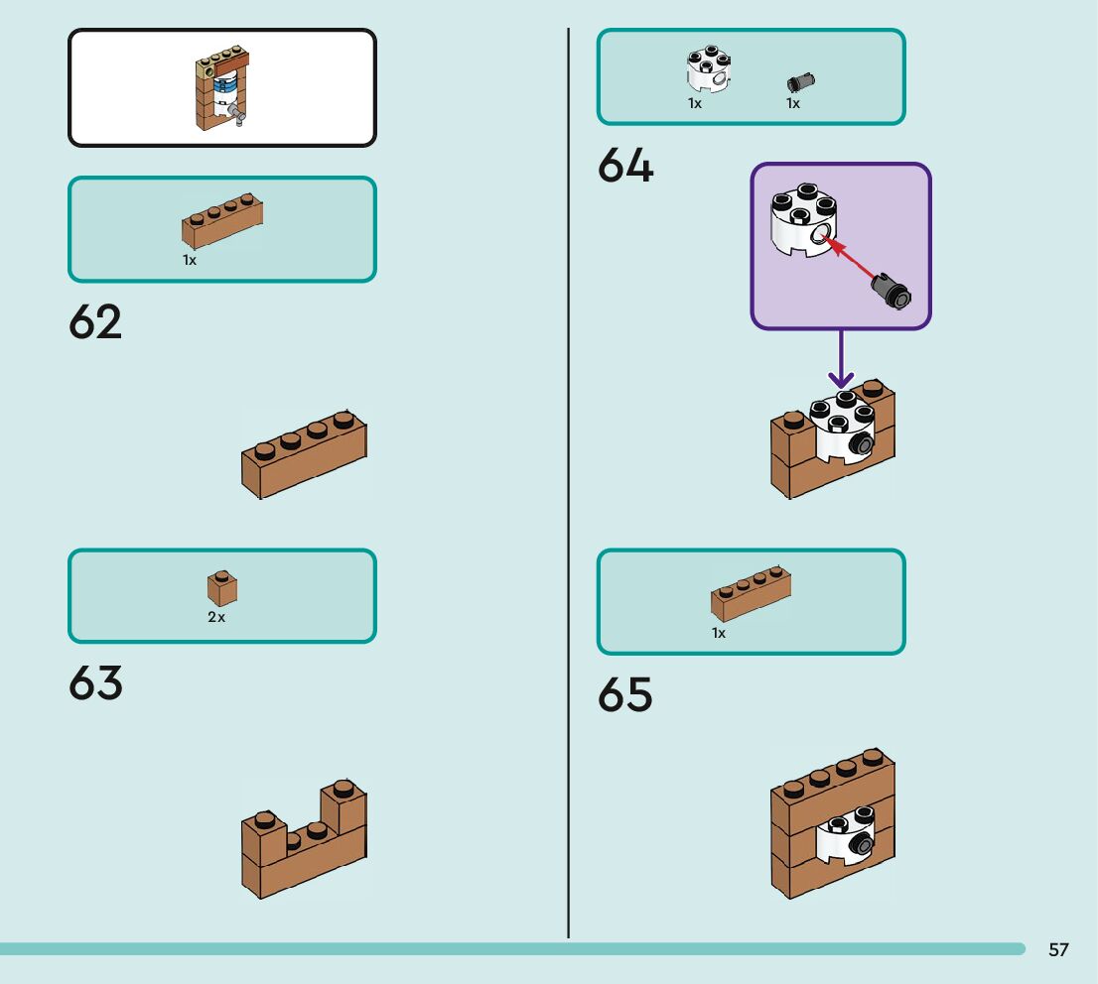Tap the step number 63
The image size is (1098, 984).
(95, 683)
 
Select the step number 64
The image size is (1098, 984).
(625, 166)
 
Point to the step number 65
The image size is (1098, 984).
(625, 695)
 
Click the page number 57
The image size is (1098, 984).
(1058, 950)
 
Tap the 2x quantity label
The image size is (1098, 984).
(216, 617)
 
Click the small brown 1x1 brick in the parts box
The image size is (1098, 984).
(221, 588)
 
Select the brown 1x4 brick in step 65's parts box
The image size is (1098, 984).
(751, 592)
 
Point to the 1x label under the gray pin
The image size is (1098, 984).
(793, 103)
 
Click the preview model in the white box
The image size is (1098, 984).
(220, 89)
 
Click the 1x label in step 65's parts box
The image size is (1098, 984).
(719, 632)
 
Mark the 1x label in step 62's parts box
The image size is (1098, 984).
(190, 260)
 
